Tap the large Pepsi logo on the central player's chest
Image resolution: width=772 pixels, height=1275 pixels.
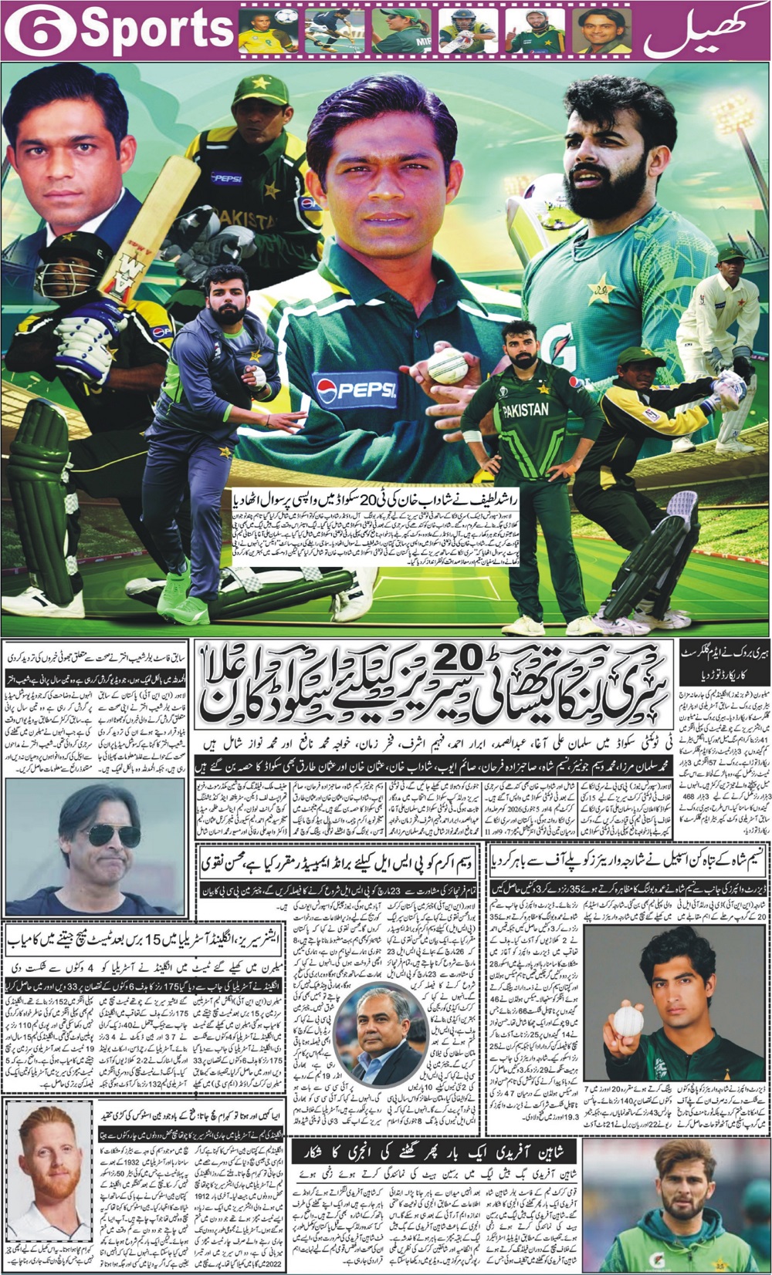[x=356, y=390]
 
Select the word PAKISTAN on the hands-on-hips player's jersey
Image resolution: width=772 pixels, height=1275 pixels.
[x=526, y=410]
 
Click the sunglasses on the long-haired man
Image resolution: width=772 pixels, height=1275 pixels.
[x=112, y=835]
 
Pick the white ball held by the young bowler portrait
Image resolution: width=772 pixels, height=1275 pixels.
[x=628, y=1020]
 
